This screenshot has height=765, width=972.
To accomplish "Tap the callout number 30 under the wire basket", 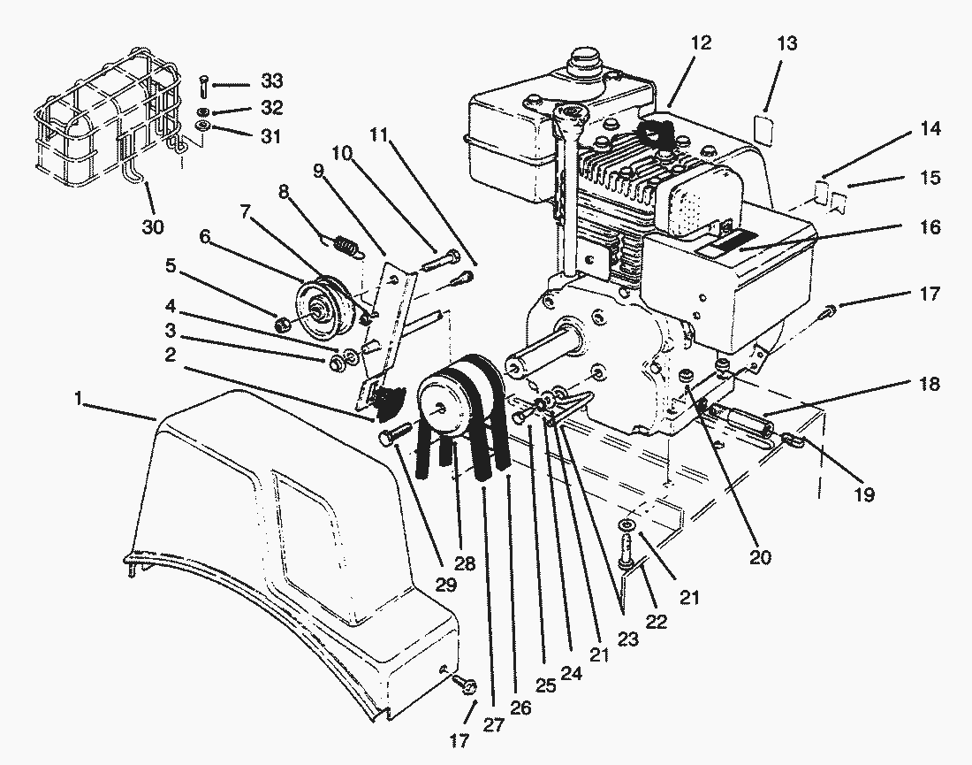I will (152, 227).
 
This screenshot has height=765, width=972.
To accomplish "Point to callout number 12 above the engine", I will (701, 42).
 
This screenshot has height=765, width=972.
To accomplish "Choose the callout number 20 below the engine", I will (760, 557).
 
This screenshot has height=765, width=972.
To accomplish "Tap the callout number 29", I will (446, 585).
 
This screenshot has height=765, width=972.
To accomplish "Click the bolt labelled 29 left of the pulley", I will (393, 435).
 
